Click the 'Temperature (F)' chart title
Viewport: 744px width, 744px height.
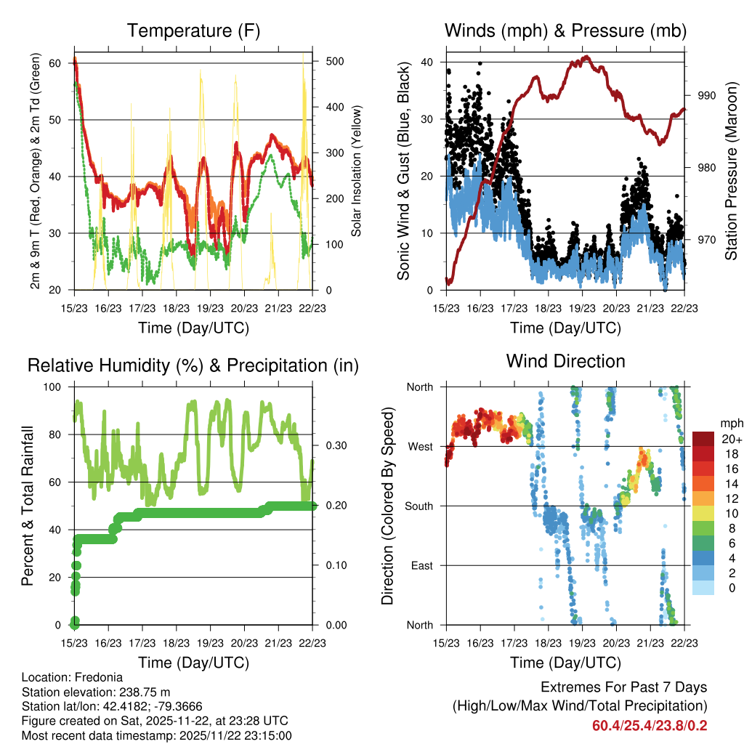pyautogui.click(x=193, y=31)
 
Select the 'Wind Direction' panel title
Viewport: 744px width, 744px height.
pyautogui.click(x=565, y=361)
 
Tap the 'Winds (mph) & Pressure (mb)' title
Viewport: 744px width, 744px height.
pyautogui.click(x=565, y=31)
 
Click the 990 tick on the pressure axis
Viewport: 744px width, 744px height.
pyautogui.click(x=706, y=95)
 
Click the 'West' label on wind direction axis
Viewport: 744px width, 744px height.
pyautogui.click(x=421, y=446)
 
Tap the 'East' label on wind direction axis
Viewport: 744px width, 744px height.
pyautogui.click(x=422, y=565)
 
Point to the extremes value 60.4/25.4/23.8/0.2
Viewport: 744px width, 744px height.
pyautogui.click(x=650, y=726)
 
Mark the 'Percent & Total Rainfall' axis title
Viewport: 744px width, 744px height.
pyautogui.click(x=27, y=506)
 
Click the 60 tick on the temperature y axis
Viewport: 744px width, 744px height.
pyautogui.click(x=54, y=62)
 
